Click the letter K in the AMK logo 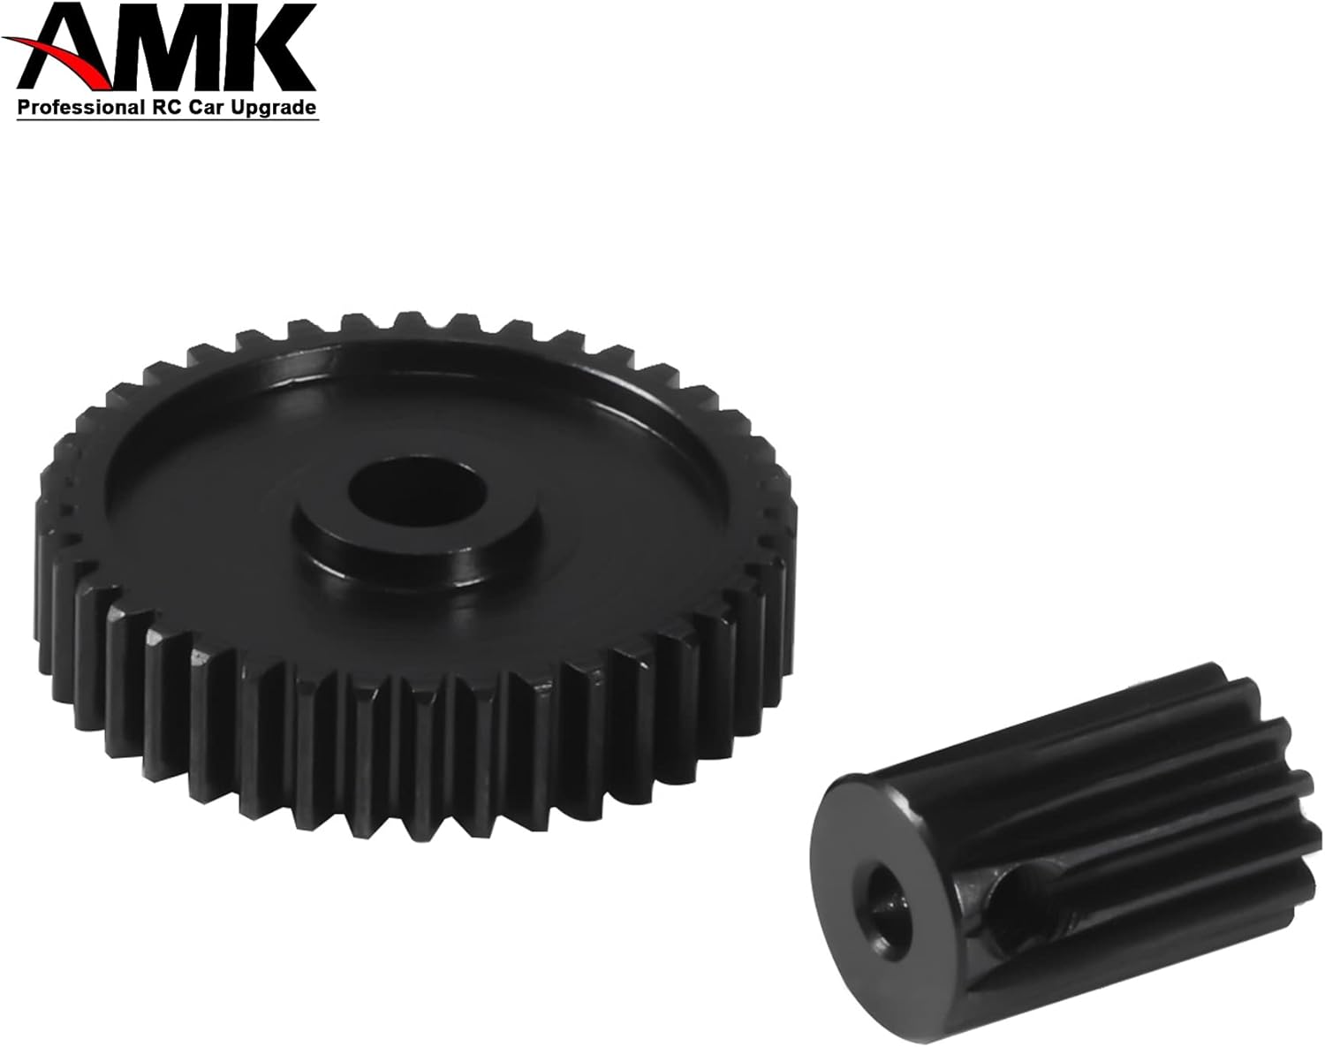[x=280, y=48]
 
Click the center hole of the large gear [x=418, y=491]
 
